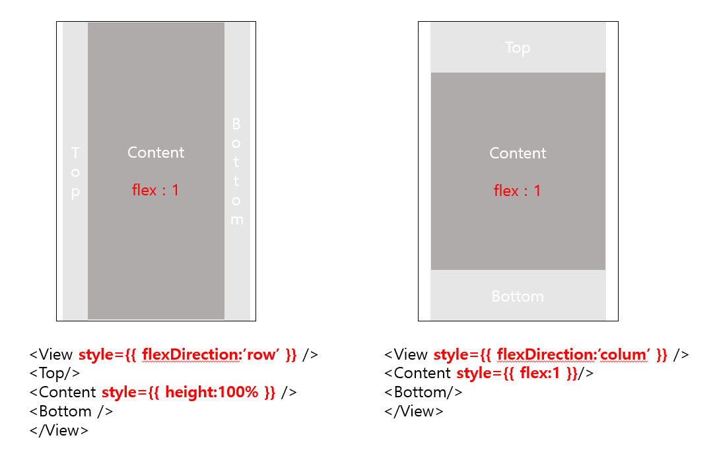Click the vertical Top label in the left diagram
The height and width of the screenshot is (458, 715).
pos(75,172)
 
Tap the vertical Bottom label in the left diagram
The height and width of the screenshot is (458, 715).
pos(236,172)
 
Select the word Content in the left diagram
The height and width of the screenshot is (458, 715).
pos(156,152)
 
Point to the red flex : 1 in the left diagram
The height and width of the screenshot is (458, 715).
pos(156,191)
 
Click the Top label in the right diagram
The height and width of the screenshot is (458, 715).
pos(518,48)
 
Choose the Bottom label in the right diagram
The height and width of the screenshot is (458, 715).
pos(518,296)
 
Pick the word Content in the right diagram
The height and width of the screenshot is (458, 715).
pos(518,153)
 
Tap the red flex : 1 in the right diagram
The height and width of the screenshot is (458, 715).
pos(518,191)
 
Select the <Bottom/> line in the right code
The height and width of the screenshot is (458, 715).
pos(423,392)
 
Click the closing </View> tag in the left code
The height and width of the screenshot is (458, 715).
pos(59,430)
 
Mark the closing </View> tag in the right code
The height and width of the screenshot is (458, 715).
pos(414,411)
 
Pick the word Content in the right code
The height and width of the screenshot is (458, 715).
pos(423,373)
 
